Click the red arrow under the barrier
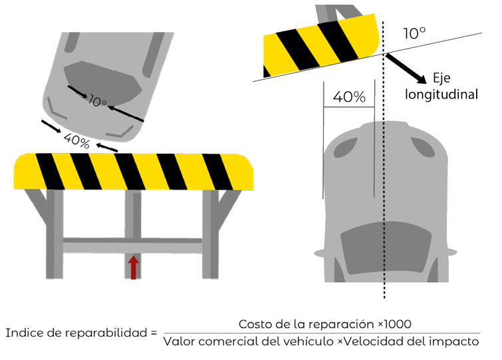click(134, 267)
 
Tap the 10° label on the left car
click(97, 101)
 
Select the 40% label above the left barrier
click(76, 141)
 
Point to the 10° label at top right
click(414, 33)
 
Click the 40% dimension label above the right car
click(349, 96)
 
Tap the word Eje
click(441, 78)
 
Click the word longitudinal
click(441, 94)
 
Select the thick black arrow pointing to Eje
click(406, 69)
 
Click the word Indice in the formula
click(25, 333)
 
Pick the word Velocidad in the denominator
click(372, 341)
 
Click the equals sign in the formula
click(154, 333)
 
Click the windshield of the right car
click(386, 248)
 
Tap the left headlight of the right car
click(345, 148)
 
